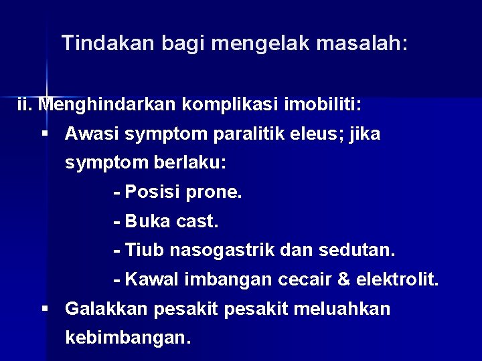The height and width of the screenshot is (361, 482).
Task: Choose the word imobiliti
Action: pyautogui.click(x=323, y=105)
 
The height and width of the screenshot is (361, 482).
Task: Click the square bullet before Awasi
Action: pyautogui.click(x=46, y=134)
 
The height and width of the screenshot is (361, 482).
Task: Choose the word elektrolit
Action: pyautogui.click(x=398, y=279)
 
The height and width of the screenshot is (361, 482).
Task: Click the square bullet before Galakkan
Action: pyautogui.click(x=46, y=310)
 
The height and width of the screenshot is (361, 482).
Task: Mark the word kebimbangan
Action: pyautogui.click(x=127, y=338)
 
